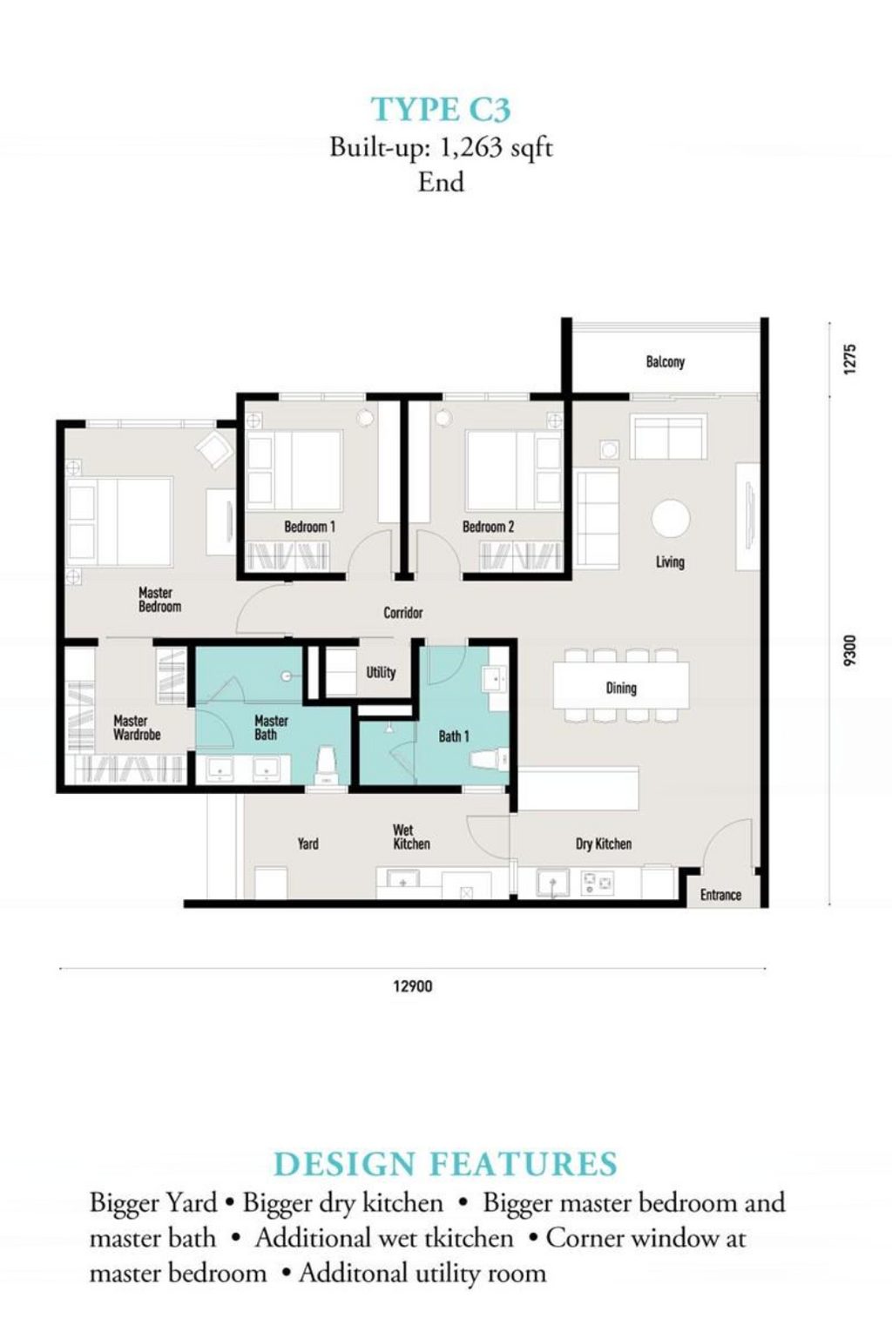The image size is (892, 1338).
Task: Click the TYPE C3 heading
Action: point(441,110)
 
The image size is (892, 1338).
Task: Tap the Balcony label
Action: point(665,361)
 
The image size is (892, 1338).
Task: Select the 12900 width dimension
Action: point(413,985)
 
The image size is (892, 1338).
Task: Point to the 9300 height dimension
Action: point(849,650)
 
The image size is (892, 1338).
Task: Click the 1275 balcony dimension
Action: point(849,359)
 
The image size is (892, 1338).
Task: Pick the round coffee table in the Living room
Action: point(670,519)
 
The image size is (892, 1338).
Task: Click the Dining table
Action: point(620,684)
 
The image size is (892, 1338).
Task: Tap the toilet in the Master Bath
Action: point(326,766)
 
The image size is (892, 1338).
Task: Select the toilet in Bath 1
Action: point(490,760)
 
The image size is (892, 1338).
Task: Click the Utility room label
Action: point(381,673)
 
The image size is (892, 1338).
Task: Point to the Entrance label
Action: point(720,895)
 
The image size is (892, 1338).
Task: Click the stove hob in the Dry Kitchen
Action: point(597,882)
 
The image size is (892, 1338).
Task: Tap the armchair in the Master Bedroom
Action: point(214,449)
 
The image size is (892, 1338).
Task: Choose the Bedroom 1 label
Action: point(310,527)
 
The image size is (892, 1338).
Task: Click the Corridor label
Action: point(403,612)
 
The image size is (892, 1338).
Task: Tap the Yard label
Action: point(307,844)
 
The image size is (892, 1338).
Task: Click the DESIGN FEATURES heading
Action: point(445,1164)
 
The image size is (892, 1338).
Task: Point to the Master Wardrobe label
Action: point(137,728)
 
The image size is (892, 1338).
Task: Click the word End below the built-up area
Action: point(441,182)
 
